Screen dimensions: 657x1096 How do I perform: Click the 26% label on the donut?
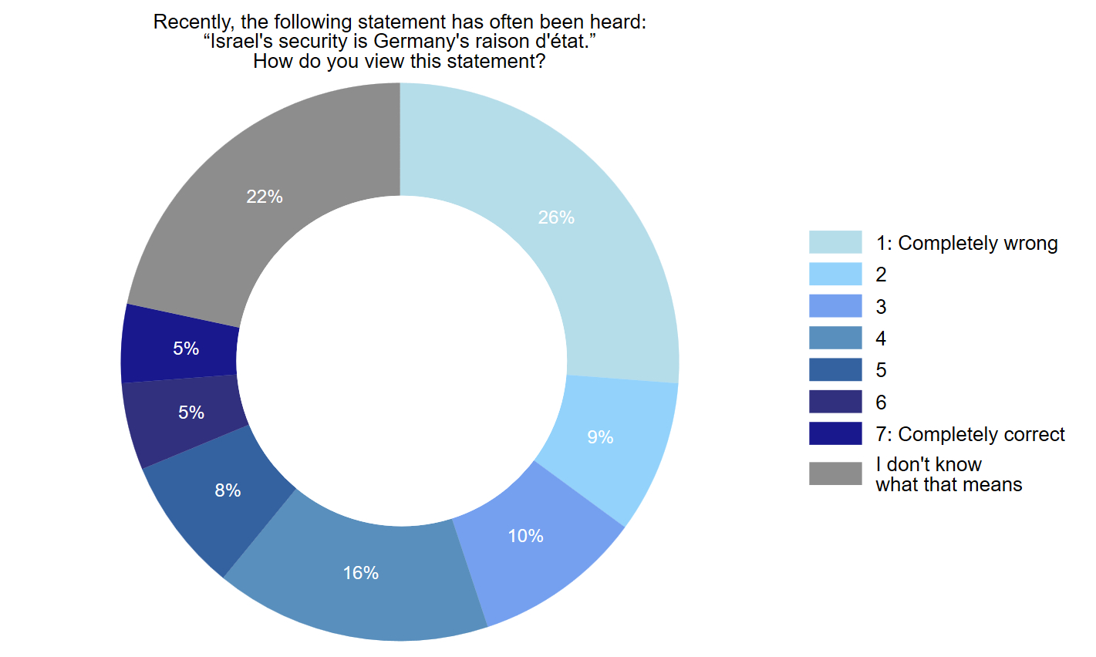click(556, 218)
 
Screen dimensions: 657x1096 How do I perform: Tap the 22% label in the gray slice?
click(265, 197)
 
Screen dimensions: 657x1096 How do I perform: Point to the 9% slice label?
click(600, 437)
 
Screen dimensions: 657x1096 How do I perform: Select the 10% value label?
click(525, 536)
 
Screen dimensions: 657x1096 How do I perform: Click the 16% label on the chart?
click(361, 573)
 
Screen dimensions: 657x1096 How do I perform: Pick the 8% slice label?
click(228, 490)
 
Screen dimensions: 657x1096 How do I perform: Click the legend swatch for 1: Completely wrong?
click(835, 242)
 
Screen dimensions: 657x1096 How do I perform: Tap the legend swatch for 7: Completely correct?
click(835, 433)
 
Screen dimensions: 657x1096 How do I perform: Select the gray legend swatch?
click(835, 473)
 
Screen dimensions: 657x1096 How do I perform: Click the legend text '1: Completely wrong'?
click(966, 244)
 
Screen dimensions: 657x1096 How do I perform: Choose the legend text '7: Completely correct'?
click(970, 435)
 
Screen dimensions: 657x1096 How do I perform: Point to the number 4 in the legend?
click(881, 339)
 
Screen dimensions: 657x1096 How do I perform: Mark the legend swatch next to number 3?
click(835, 306)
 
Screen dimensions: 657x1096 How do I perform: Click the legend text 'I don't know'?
click(929, 464)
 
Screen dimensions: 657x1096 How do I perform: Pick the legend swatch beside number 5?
click(835, 370)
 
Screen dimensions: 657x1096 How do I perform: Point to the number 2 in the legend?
click(881, 275)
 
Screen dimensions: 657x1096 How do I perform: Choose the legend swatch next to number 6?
click(835, 402)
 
